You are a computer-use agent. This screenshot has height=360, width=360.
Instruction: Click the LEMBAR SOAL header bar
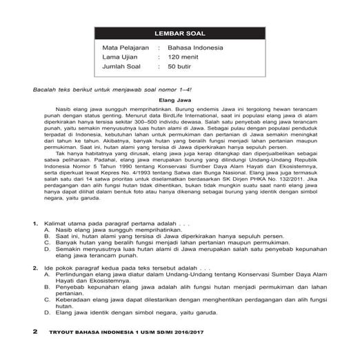(179, 33)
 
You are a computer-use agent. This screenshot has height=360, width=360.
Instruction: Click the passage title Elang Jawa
(179, 101)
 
